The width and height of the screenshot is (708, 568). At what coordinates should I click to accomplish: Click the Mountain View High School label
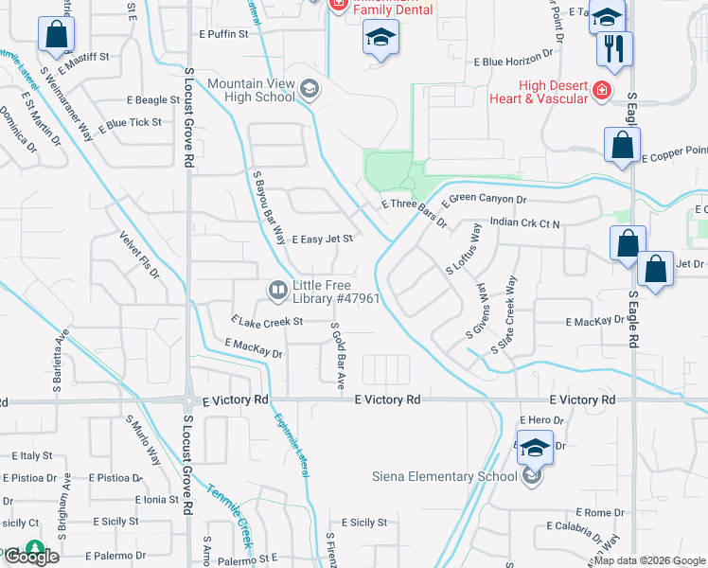click(251, 90)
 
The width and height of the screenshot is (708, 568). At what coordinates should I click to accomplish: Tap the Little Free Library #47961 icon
click(277, 291)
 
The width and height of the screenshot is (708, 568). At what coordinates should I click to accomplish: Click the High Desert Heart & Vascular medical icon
click(599, 90)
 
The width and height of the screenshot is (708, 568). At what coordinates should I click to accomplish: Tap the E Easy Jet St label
click(322, 240)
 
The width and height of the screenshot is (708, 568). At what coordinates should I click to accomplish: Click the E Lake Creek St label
click(266, 322)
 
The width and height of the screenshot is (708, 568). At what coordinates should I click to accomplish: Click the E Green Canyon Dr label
click(484, 199)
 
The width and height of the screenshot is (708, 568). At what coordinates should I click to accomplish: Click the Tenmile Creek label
click(230, 517)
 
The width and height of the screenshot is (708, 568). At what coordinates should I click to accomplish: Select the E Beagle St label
click(150, 99)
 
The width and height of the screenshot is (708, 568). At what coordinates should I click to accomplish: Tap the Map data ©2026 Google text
click(649, 560)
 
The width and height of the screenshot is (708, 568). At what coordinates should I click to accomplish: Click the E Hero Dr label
click(542, 419)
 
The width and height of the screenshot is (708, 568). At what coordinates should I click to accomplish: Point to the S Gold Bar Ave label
click(339, 355)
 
